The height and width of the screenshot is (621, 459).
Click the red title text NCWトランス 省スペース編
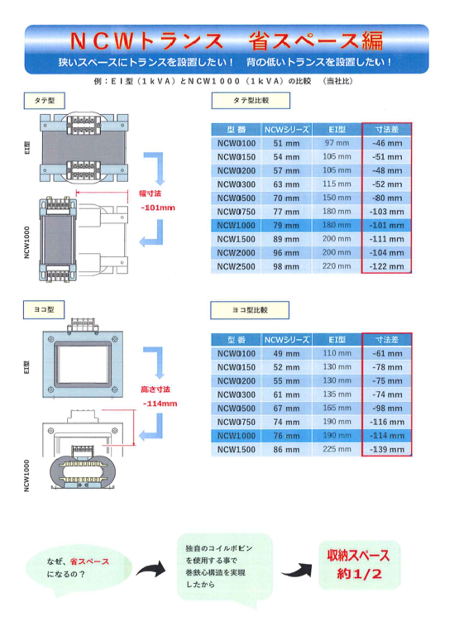[226, 41]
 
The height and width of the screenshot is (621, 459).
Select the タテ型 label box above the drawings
[44, 101]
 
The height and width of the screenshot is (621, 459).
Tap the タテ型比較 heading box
[251, 101]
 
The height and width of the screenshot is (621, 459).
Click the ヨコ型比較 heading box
[250, 310]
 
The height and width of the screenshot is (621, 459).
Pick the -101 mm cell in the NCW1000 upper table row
[387, 226]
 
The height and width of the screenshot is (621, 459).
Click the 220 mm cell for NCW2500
[336, 266]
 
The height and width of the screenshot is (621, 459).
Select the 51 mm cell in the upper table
[286, 143]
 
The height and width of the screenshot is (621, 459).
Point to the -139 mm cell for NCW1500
[387, 450]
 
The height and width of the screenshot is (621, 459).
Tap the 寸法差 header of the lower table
[387, 340]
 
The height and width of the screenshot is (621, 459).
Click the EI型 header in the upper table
[336, 129]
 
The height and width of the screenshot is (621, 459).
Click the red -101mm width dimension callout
[158, 208]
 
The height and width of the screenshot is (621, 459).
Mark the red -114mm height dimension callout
[160, 404]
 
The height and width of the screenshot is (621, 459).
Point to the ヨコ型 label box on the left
[44, 310]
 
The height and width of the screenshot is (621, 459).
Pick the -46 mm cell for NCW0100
[387, 143]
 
